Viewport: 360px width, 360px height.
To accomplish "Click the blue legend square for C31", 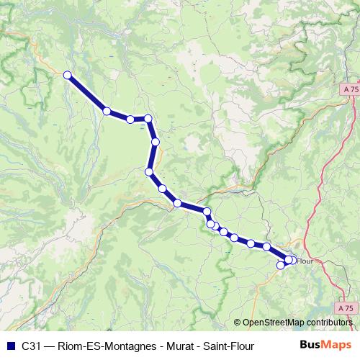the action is coord(10,345).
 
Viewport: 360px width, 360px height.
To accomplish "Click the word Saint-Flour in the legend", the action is coord(227,345).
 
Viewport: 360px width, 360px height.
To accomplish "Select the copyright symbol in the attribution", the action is coord(238,323).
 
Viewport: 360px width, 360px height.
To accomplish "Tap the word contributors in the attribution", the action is coord(330,323).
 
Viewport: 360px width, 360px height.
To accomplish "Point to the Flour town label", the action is coord(305,261).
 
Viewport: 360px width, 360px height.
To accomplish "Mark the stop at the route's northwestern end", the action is coord(68,75).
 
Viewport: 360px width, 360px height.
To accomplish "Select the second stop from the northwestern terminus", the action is coord(107,111).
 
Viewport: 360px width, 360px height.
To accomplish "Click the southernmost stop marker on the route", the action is coord(281,266).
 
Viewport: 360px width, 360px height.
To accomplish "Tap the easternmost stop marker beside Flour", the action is coord(292,260).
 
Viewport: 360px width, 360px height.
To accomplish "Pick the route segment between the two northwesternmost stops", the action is coord(87,93).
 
